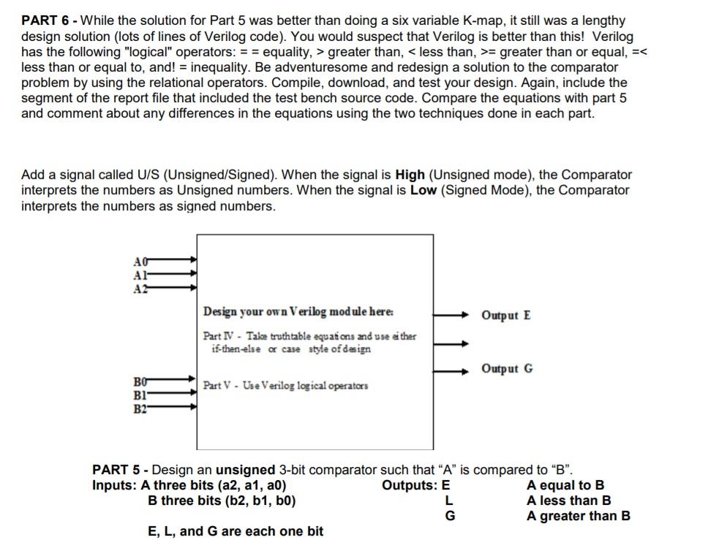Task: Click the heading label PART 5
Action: pos(118,469)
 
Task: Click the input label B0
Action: pos(140,381)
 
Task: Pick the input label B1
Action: pos(140,394)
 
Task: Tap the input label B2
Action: pos(140,407)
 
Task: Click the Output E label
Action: pos(506,316)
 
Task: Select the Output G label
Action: pos(507,368)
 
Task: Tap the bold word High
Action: pos(410,175)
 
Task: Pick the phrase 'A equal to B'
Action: pos(565,485)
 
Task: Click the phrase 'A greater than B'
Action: pos(578,516)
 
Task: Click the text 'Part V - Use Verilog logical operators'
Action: pos(285,385)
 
